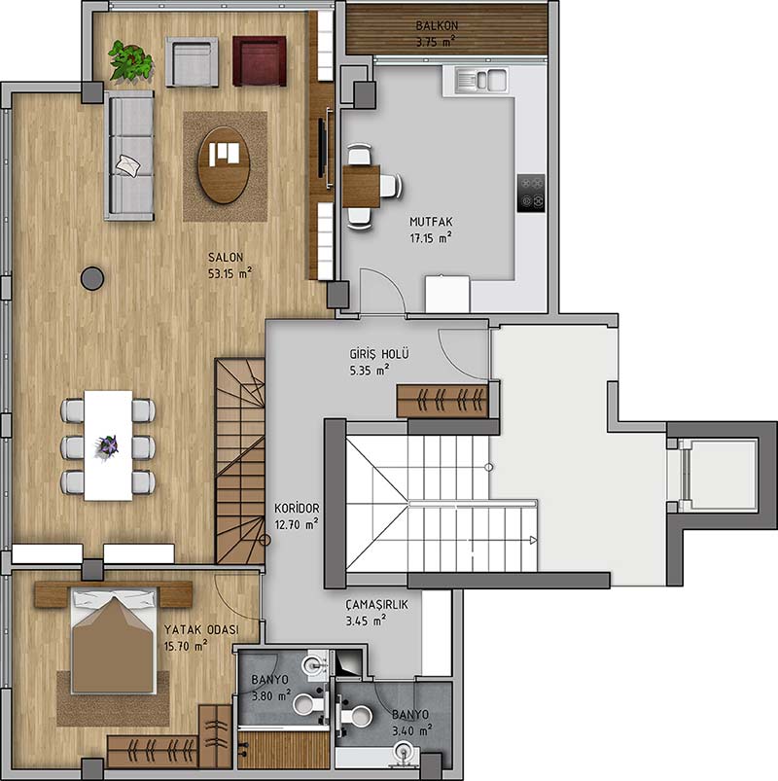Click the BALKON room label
coord(437,25)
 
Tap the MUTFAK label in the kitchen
coord(431,222)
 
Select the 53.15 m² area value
coord(230,273)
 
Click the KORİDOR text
coord(297,509)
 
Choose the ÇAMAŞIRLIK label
coord(377,605)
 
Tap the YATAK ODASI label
coord(201,630)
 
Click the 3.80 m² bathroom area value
coord(271,696)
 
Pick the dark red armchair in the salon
coord(259,60)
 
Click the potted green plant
coord(131,60)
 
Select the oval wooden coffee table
coord(224,165)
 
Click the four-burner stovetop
coord(531,193)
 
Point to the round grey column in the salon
coord(92,278)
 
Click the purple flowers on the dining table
coord(108,445)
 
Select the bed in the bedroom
coord(114,641)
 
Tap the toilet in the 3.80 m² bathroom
coord(308,704)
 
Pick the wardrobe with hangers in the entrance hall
coord(442,401)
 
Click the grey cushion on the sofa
coord(127,165)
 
